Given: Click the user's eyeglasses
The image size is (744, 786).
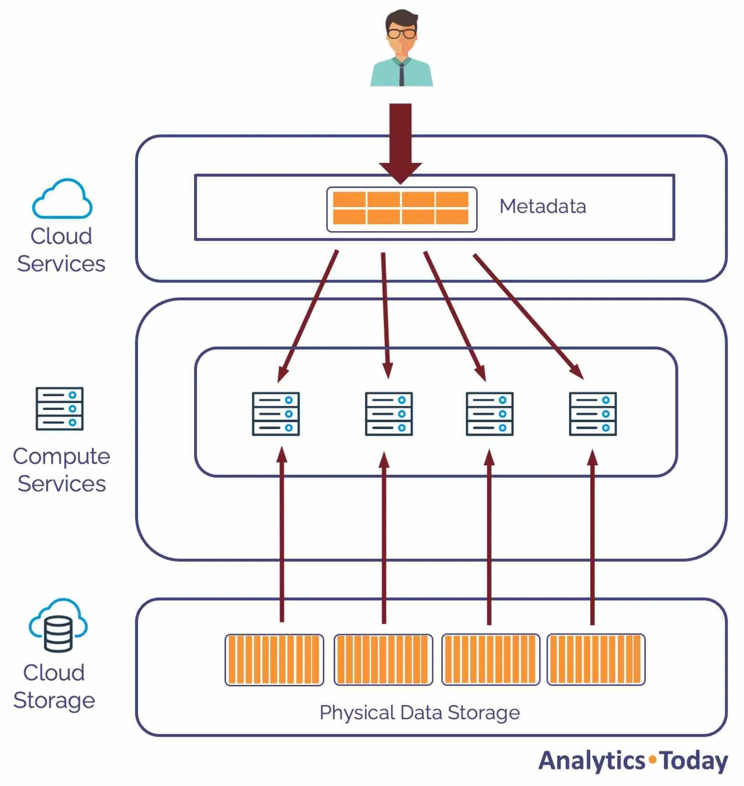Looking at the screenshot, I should [402, 33].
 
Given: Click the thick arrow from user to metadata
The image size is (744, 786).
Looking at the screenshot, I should [400, 141].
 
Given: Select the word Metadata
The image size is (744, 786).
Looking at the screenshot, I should [542, 207].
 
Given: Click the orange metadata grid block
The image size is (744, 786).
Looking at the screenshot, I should [401, 208].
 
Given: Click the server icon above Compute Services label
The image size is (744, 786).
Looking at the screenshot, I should [60, 408].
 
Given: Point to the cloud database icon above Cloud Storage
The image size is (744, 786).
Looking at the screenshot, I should [58, 625].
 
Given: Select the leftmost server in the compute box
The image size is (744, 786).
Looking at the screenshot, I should [276, 414].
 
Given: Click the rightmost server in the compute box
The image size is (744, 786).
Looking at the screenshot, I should [593, 414].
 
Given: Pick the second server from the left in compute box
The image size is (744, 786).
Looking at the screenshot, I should [389, 414].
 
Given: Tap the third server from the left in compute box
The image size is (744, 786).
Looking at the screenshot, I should [489, 414].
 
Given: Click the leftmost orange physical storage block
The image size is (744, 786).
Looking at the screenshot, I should [274, 660].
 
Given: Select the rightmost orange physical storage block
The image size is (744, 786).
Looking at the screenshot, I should [596, 659].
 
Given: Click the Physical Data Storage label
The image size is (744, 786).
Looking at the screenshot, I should [419, 712].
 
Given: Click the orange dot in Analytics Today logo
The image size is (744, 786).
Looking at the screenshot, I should [653, 759].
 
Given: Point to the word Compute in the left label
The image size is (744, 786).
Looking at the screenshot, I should [61, 456].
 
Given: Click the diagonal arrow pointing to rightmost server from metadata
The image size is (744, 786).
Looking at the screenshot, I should [528, 316].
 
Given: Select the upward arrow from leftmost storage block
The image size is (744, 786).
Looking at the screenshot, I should [282, 537].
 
